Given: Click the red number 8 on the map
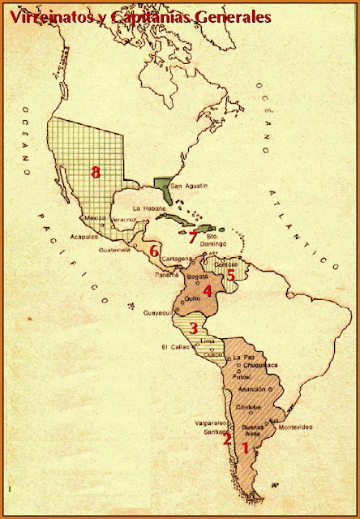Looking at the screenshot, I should [96, 172].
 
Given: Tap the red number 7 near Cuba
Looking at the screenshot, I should [192, 238].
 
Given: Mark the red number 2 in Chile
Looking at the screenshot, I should [228, 440].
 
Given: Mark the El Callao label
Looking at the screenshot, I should [175, 348].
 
